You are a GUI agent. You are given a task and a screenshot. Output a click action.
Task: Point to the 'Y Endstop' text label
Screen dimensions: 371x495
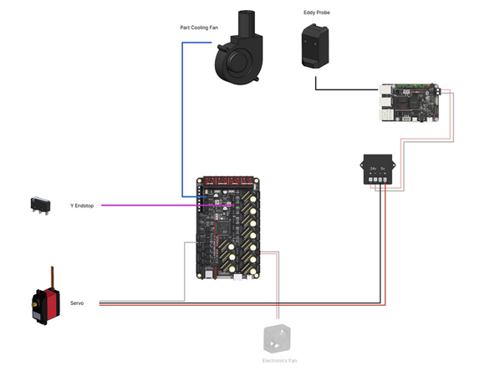(x=81, y=205)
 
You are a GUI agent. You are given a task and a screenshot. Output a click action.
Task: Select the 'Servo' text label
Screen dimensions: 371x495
(x=77, y=303)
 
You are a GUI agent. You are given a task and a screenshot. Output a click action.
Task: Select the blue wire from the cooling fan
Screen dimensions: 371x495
(x=183, y=117)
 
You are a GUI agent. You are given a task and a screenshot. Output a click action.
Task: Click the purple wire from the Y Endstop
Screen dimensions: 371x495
(x=151, y=205)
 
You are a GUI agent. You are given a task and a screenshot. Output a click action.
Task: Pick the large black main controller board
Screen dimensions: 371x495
(x=227, y=230)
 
